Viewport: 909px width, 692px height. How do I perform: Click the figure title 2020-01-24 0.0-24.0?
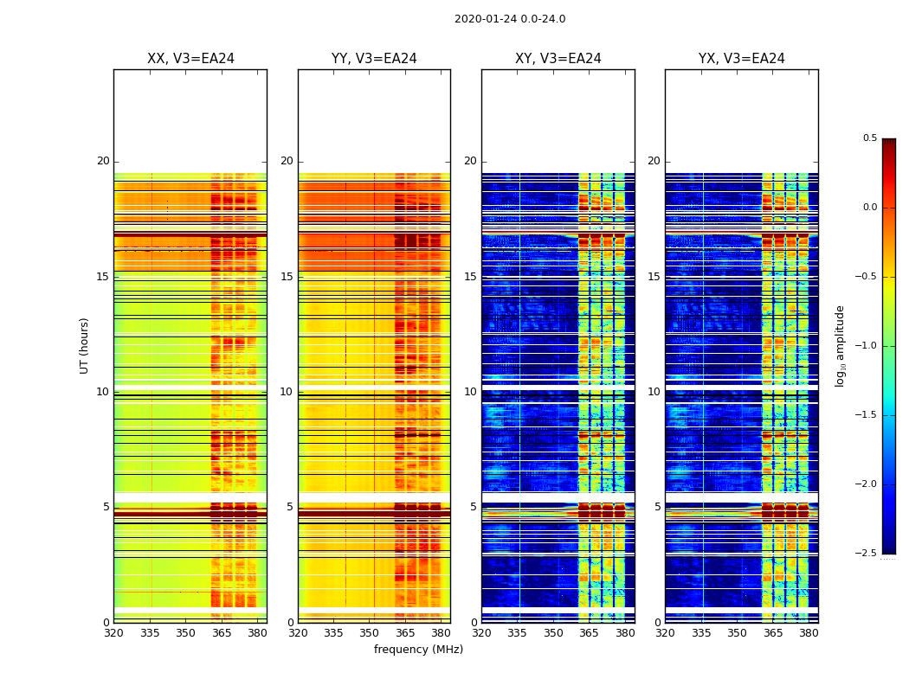[x=510, y=19]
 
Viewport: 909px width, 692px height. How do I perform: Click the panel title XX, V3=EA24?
[x=190, y=59]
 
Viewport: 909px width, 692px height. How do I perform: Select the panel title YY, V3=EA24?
[x=374, y=59]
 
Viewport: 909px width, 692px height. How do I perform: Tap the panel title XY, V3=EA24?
[x=558, y=59]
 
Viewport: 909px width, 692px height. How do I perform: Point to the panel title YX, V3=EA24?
[x=742, y=59]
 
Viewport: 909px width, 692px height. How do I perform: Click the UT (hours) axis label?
[x=84, y=345]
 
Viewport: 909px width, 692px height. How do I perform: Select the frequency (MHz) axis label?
[x=418, y=650]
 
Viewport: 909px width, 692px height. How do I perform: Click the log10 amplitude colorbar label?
[x=840, y=345]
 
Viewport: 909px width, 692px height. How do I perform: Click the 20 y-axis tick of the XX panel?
[x=103, y=161]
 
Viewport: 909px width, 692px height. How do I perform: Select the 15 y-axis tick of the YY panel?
[x=287, y=277]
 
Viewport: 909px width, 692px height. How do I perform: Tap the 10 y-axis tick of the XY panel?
[x=470, y=392]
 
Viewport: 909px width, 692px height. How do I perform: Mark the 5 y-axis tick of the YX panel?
[x=657, y=507]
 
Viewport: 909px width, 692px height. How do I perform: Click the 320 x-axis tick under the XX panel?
[x=113, y=633]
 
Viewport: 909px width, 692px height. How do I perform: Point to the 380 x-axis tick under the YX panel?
[x=809, y=633]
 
